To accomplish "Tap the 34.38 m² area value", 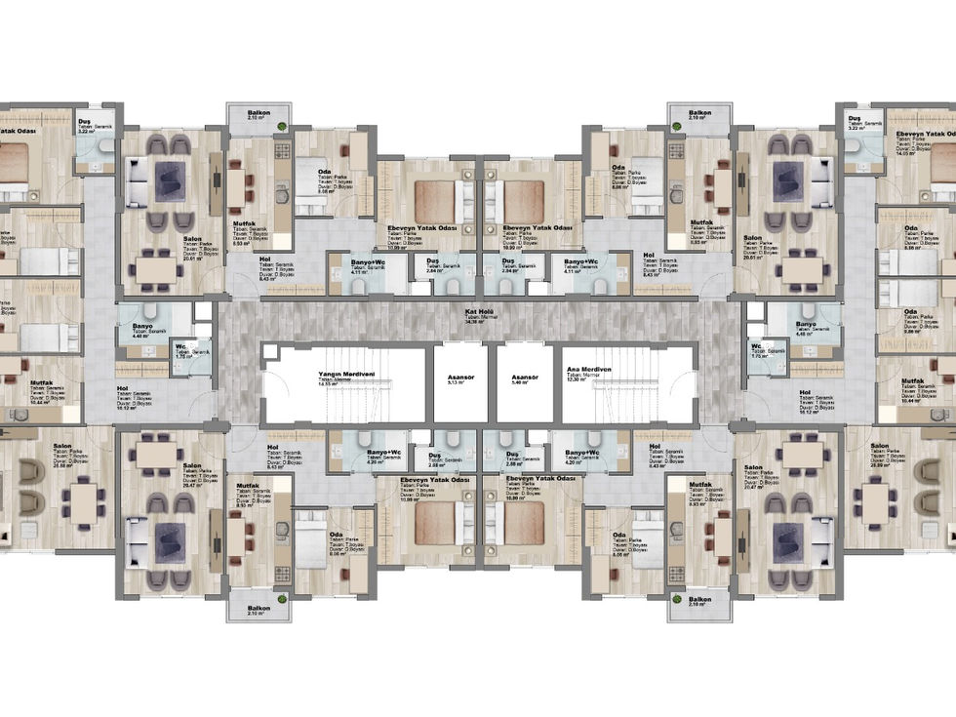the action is point(477,322).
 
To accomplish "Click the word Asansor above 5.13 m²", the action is point(458,376).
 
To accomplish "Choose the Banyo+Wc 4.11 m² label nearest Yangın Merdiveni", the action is point(356,262).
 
